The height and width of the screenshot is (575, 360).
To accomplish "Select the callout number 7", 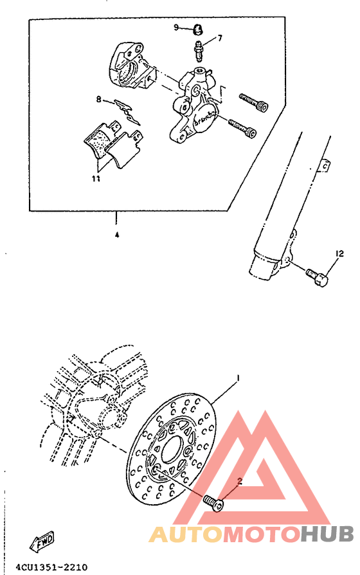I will pos(219,38).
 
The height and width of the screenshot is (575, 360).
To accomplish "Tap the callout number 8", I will pos(99,99).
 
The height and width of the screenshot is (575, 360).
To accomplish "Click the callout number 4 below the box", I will pos(116,235).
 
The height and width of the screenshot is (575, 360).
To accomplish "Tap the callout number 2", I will pos(239,480).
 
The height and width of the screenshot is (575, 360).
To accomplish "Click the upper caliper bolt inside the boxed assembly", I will pos(255,102).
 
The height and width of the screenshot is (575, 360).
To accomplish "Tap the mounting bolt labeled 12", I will pos(318,277).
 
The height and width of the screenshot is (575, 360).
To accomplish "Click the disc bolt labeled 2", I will pos(215,502).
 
